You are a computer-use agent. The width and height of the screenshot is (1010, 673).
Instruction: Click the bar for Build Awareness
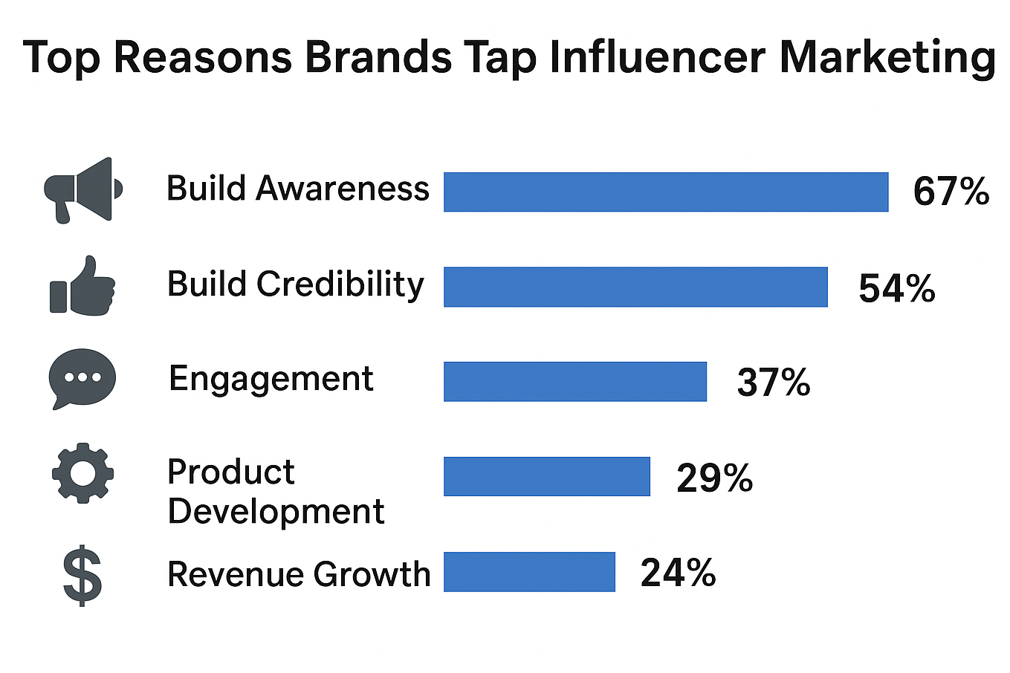[x=666, y=192]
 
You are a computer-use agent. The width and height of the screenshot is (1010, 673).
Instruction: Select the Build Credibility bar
[x=635, y=287]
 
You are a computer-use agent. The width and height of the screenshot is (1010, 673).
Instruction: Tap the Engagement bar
[x=575, y=382]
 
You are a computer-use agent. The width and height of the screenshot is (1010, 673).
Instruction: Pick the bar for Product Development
[x=547, y=476]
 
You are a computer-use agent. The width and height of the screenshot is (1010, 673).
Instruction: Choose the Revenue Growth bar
[x=529, y=572]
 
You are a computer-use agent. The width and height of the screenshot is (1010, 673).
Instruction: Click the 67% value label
[x=951, y=192]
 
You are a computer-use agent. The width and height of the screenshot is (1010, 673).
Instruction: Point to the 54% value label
[x=896, y=288]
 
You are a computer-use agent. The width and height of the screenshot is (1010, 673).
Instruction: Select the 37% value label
[x=773, y=383]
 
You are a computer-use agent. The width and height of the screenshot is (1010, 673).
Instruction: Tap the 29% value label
[x=714, y=478]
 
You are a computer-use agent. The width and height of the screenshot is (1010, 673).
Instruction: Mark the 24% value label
[x=678, y=573]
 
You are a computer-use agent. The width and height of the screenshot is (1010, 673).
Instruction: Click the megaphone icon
[x=82, y=190]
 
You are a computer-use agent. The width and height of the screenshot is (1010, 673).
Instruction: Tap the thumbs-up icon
[x=82, y=286]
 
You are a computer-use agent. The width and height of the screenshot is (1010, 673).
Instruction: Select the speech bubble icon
[x=82, y=378]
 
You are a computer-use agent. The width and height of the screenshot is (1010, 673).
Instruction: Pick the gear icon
[x=82, y=473]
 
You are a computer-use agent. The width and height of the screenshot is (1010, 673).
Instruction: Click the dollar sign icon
[x=82, y=576]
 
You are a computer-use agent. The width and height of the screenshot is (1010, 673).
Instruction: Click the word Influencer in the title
[x=657, y=57]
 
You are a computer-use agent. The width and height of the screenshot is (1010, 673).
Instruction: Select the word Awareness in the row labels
[x=343, y=189]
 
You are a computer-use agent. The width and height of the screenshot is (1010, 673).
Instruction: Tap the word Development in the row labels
[x=276, y=511]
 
